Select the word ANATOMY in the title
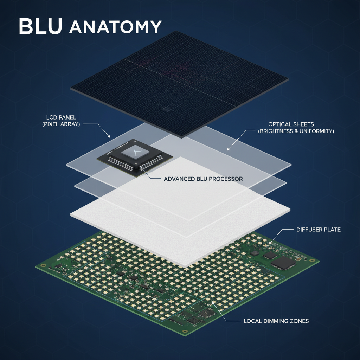(x=115, y=27)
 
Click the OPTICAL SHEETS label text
(x=291, y=124)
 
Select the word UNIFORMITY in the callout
(x=314, y=131)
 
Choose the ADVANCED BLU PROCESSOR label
(x=203, y=179)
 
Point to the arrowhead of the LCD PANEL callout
(x=109, y=136)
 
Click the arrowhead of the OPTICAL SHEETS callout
(x=228, y=149)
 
